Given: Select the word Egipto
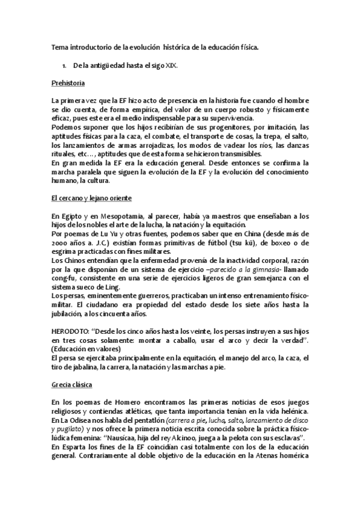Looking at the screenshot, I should pyautogui.click(x=72, y=217).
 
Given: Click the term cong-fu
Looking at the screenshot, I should pyautogui.click(x=63, y=278).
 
